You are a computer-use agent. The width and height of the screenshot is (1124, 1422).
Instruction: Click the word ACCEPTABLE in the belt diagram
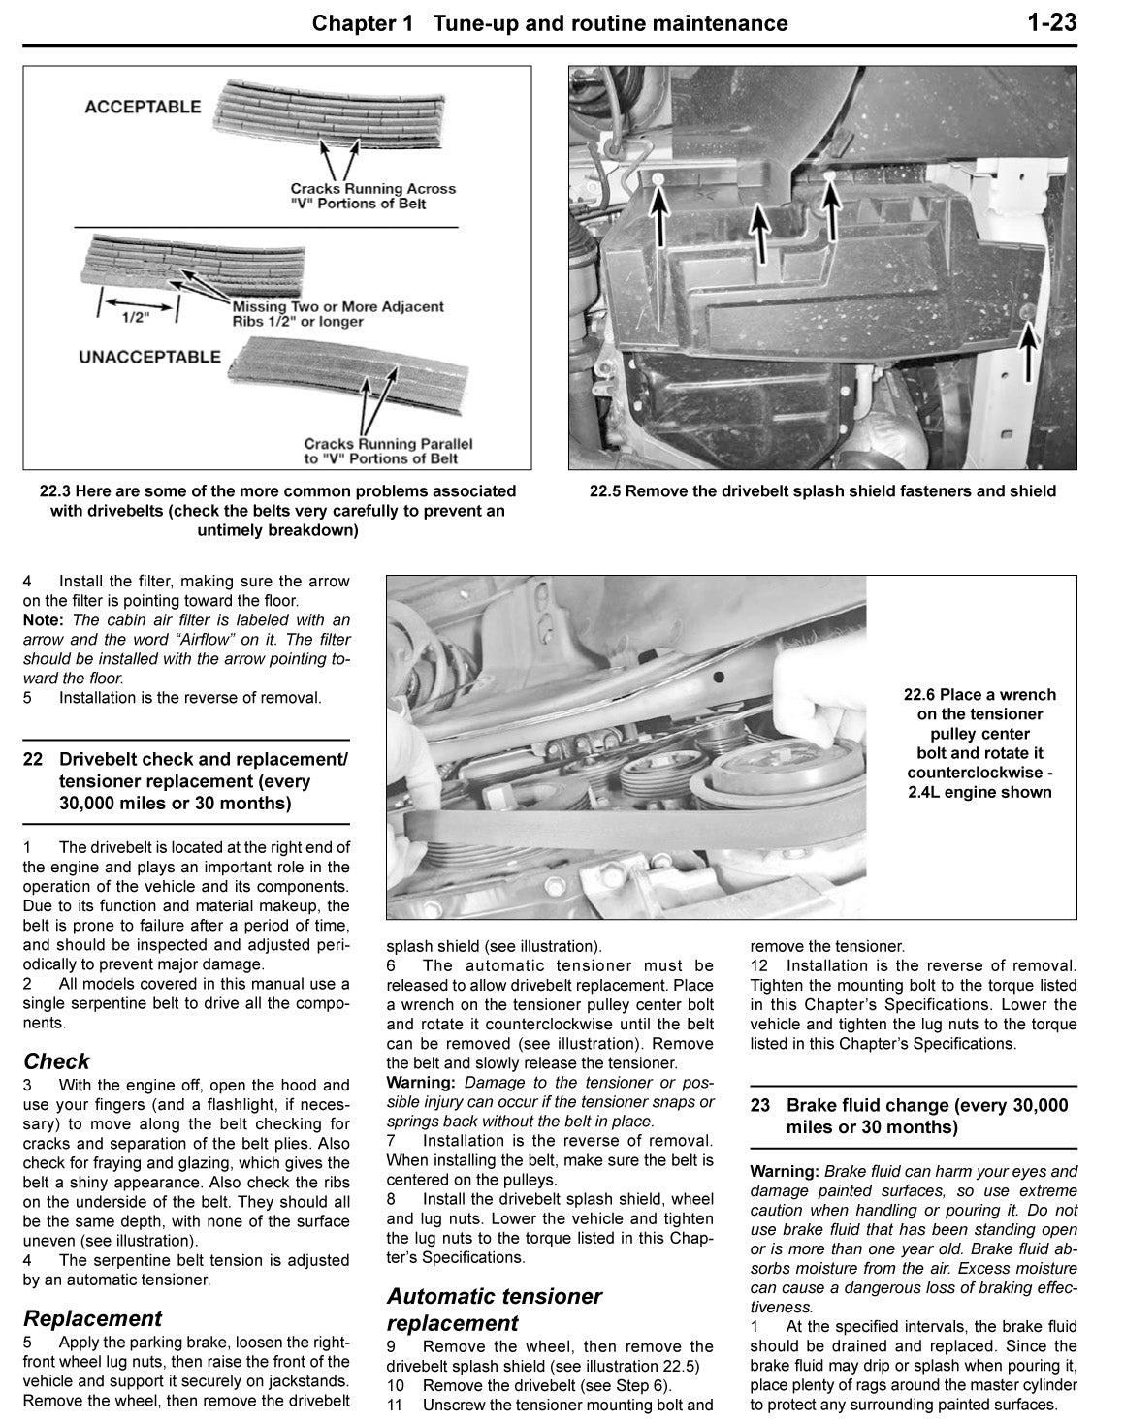pyautogui.click(x=143, y=108)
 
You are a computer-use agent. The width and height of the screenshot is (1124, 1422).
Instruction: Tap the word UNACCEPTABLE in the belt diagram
pyautogui.click(x=149, y=357)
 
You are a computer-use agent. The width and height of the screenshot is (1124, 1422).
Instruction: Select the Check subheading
pyautogui.click(x=56, y=1061)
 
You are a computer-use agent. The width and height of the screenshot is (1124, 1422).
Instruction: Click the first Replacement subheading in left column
pyautogui.click(x=92, y=1318)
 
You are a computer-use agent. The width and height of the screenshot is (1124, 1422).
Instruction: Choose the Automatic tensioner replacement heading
pyautogui.click(x=494, y=1310)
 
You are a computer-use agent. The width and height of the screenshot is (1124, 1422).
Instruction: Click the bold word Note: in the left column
pyautogui.click(x=44, y=620)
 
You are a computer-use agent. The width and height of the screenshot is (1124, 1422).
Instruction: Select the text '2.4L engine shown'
pyautogui.click(x=979, y=792)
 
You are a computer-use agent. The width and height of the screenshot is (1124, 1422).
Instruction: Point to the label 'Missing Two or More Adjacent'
pyautogui.click(x=337, y=306)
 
